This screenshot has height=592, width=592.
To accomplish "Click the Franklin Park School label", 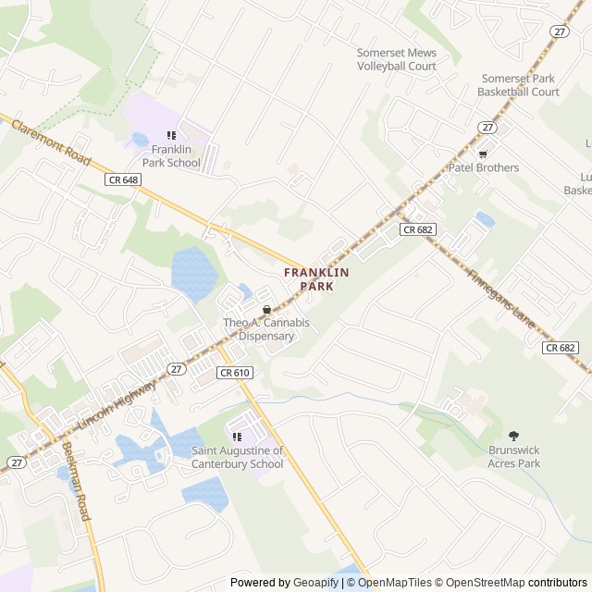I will click(176, 156).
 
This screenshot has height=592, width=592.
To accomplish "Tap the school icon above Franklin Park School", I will click(171, 135).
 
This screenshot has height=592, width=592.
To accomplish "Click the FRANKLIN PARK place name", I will click(316, 279).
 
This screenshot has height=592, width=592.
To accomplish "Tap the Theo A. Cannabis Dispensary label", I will click(266, 329).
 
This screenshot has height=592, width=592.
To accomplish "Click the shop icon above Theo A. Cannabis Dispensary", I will click(266, 310).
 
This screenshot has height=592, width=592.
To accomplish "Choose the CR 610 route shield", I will click(235, 372).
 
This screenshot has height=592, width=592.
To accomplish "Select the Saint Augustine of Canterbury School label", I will click(238, 457).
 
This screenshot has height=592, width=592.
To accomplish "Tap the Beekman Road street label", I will click(77, 480).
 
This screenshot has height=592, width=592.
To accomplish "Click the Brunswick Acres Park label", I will click(513, 457).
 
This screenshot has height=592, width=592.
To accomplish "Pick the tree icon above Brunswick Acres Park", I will click(513, 436).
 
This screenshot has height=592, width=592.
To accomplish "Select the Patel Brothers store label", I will click(483, 167).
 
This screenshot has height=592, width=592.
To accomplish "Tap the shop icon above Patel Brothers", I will click(483, 153).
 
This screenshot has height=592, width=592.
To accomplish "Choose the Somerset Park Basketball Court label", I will click(518, 85).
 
